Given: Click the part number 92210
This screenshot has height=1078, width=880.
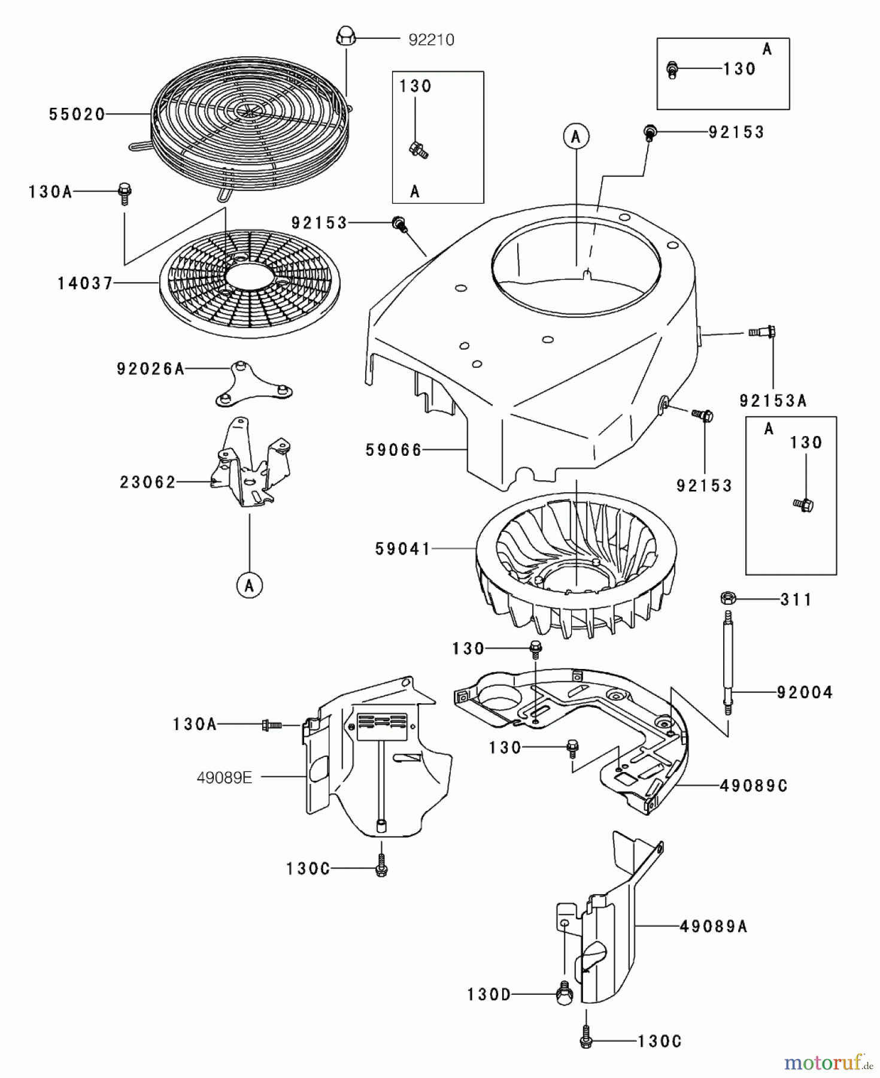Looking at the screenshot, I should [430, 40].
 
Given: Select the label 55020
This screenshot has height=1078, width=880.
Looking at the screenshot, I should [77, 114].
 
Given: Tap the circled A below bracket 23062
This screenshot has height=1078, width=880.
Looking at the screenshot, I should [249, 585].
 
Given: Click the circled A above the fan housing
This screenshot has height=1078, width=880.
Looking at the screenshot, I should [576, 137].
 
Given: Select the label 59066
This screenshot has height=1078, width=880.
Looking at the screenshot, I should [394, 450].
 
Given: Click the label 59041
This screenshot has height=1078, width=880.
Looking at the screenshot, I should [402, 549].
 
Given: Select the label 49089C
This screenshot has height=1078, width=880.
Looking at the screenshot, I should [753, 785].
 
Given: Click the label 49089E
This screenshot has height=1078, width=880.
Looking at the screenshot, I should [224, 777].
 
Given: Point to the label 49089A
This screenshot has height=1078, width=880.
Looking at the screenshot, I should [714, 926].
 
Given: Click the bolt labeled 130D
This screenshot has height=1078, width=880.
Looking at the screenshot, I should [563, 995].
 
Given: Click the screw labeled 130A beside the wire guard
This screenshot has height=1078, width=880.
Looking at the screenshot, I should [125, 193].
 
